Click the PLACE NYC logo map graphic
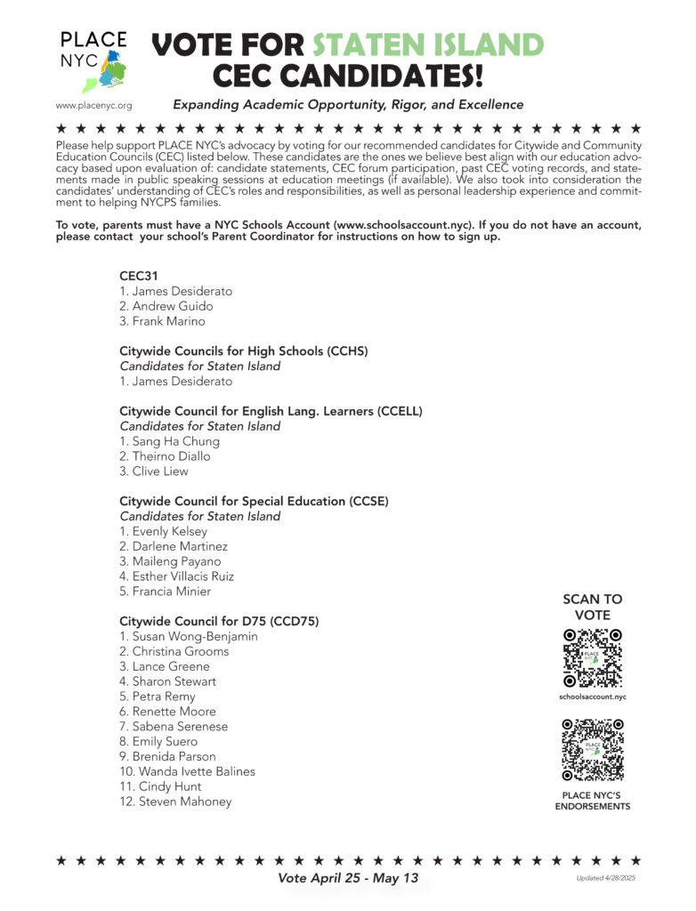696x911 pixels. (105, 71)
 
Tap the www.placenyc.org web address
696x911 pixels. (93, 105)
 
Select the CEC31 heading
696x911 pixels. (138, 276)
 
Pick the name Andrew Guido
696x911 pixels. (166, 306)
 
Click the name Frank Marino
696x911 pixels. (162, 321)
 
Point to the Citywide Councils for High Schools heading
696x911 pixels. (243, 351)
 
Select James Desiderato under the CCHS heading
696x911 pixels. (175, 381)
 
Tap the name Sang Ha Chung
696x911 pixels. (169, 441)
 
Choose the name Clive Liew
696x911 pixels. (154, 472)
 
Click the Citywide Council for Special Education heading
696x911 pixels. (254, 501)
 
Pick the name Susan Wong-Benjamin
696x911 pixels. (189, 636)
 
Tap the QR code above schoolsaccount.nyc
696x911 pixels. (593, 658)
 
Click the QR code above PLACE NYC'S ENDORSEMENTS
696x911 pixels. (593, 750)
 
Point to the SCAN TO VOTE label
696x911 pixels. (593, 607)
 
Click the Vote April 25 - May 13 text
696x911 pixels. (348, 878)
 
